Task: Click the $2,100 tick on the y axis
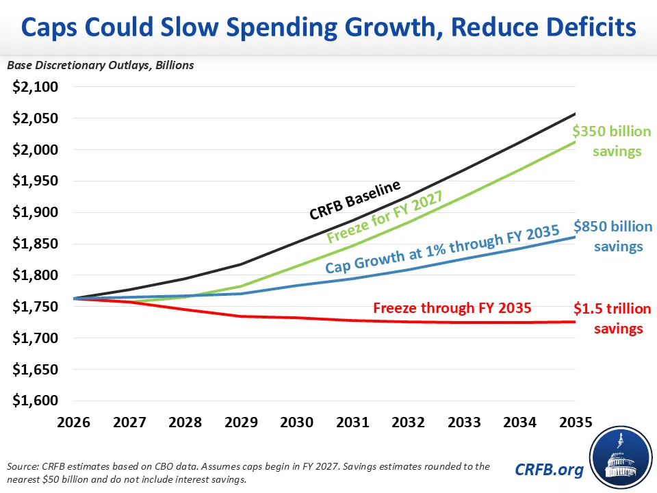36,87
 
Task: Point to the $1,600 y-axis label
36,401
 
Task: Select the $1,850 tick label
36,244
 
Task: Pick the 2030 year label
296,422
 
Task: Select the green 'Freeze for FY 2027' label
385,217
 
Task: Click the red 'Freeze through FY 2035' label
452,308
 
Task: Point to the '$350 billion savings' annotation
612,140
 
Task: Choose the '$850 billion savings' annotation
612,236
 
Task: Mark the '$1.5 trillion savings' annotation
612,318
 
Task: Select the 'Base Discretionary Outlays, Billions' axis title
101,66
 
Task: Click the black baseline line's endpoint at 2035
575,114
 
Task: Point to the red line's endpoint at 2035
575,322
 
